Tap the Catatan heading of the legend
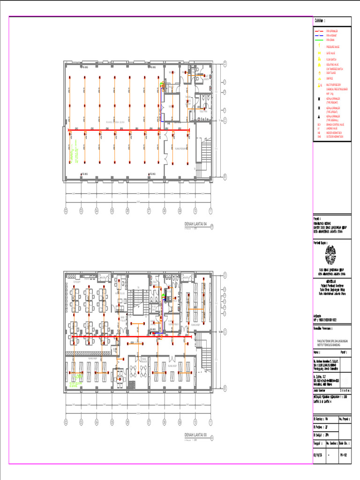[320, 21]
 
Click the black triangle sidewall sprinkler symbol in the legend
[319, 116]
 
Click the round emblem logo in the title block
[331, 255]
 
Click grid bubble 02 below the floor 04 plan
[66, 210]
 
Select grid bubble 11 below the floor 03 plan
[210, 421]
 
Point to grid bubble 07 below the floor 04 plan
[149, 210]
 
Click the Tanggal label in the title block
[318, 442]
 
